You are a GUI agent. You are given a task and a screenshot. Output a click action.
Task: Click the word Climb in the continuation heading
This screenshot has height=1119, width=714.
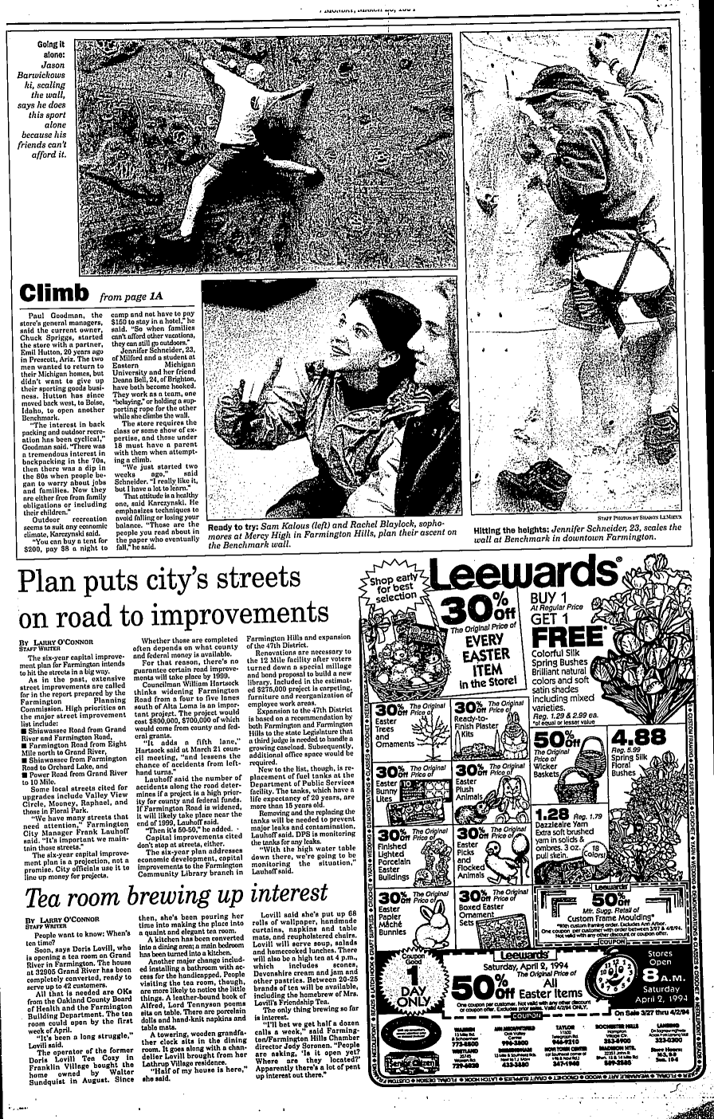(53, 288)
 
